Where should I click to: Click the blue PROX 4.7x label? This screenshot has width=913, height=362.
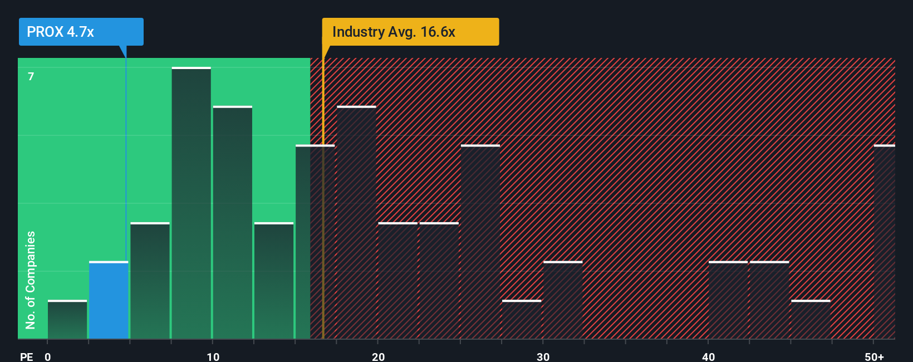[x=81, y=32]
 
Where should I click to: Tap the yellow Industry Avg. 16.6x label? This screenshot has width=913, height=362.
[x=410, y=32]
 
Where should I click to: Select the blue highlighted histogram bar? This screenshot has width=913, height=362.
[x=109, y=300]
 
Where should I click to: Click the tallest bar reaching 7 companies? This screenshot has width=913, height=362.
[x=191, y=203]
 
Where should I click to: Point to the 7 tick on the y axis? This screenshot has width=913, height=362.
[x=31, y=76]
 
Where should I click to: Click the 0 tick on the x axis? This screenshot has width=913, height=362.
[x=48, y=356]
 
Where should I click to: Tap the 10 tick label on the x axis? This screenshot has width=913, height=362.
[x=213, y=356]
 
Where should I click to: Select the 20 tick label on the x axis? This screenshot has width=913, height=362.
[x=378, y=356]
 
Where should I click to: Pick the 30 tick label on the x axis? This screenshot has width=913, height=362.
[x=543, y=356]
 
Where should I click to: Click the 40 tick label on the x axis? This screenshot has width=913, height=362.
[x=708, y=356]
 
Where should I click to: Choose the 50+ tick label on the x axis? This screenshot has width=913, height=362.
[x=874, y=356]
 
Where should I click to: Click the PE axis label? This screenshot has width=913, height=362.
[x=27, y=356]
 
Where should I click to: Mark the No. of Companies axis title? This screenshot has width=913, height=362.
[x=31, y=280]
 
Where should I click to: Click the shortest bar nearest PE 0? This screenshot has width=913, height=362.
[x=67, y=320]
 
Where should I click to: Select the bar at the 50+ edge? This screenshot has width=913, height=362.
[x=884, y=242]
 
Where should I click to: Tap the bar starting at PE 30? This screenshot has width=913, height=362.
[x=563, y=300]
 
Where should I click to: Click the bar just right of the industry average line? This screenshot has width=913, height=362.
[x=356, y=223]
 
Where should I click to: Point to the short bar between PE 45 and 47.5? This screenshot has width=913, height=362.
[x=811, y=320]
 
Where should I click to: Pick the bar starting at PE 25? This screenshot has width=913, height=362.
[x=480, y=242]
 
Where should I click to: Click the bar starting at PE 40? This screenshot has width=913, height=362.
[x=728, y=300]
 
